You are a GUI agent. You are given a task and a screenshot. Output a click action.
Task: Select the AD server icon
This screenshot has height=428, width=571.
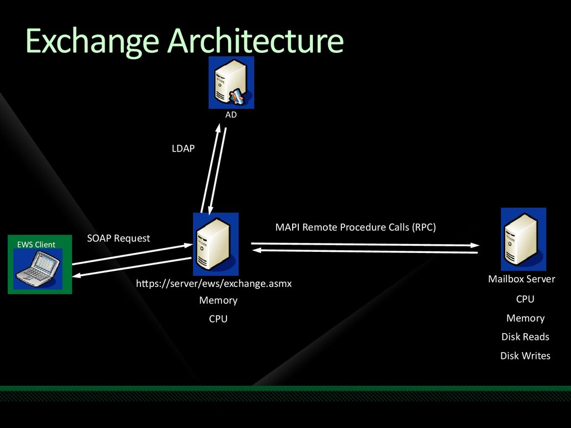pyautogui.click(x=231, y=82)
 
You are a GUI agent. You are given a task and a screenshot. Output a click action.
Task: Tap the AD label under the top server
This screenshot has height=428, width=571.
pyautogui.click(x=231, y=115)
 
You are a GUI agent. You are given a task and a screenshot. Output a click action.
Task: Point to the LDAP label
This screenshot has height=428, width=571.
pyautogui.click(x=183, y=148)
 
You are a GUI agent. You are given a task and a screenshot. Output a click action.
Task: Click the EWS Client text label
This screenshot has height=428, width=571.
pyautogui.click(x=36, y=245)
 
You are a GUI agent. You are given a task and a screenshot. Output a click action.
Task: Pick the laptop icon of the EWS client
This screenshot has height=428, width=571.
pyautogui.click(x=38, y=269)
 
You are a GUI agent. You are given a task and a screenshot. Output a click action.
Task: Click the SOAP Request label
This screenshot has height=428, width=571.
pyautogui.click(x=118, y=239)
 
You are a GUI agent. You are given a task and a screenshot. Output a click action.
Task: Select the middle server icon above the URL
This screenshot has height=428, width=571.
pyautogui.click(x=216, y=244)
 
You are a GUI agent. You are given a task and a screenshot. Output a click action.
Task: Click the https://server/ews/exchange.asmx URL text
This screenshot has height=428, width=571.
pyautogui.click(x=214, y=284)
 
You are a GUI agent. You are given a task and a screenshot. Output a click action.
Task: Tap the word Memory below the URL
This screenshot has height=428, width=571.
pyautogui.click(x=218, y=300)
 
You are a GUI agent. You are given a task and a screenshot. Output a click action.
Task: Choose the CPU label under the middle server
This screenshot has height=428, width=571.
pyautogui.click(x=218, y=319)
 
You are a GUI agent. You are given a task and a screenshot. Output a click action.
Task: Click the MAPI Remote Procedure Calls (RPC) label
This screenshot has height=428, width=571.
pyautogui.click(x=355, y=227)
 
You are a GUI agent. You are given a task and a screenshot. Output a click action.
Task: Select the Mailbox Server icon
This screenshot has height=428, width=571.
pyautogui.click(x=523, y=239)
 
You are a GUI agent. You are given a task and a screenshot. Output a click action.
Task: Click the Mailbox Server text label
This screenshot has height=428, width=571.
pyautogui.click(x=521, y=279)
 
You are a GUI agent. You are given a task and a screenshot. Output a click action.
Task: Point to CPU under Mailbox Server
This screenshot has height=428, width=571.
pyautogui.click(x=525, y=299)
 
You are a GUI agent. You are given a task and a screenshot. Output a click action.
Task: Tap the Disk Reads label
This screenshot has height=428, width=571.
pyautogui.click(x=525, y=337)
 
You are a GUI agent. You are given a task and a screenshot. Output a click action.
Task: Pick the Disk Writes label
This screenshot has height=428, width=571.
pyautogui.click(x=525, y=356)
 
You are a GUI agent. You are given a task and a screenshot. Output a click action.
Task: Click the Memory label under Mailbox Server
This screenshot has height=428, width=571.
pyautogui.click(x=525, y=318)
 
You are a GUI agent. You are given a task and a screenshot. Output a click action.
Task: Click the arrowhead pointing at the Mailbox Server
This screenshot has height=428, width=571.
pyautogui.click(x=475, y=245)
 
